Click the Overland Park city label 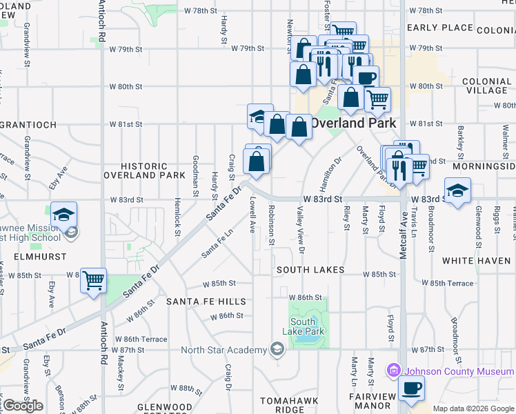coord(353,123)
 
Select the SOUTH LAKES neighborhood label coord(310,270)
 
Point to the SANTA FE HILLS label coord(206,302)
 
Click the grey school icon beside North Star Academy coord(277,349)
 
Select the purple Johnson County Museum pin coord(393,371)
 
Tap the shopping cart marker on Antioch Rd coord(93,280)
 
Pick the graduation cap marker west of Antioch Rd coord(63,214)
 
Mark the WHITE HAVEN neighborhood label coord(475,261)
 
